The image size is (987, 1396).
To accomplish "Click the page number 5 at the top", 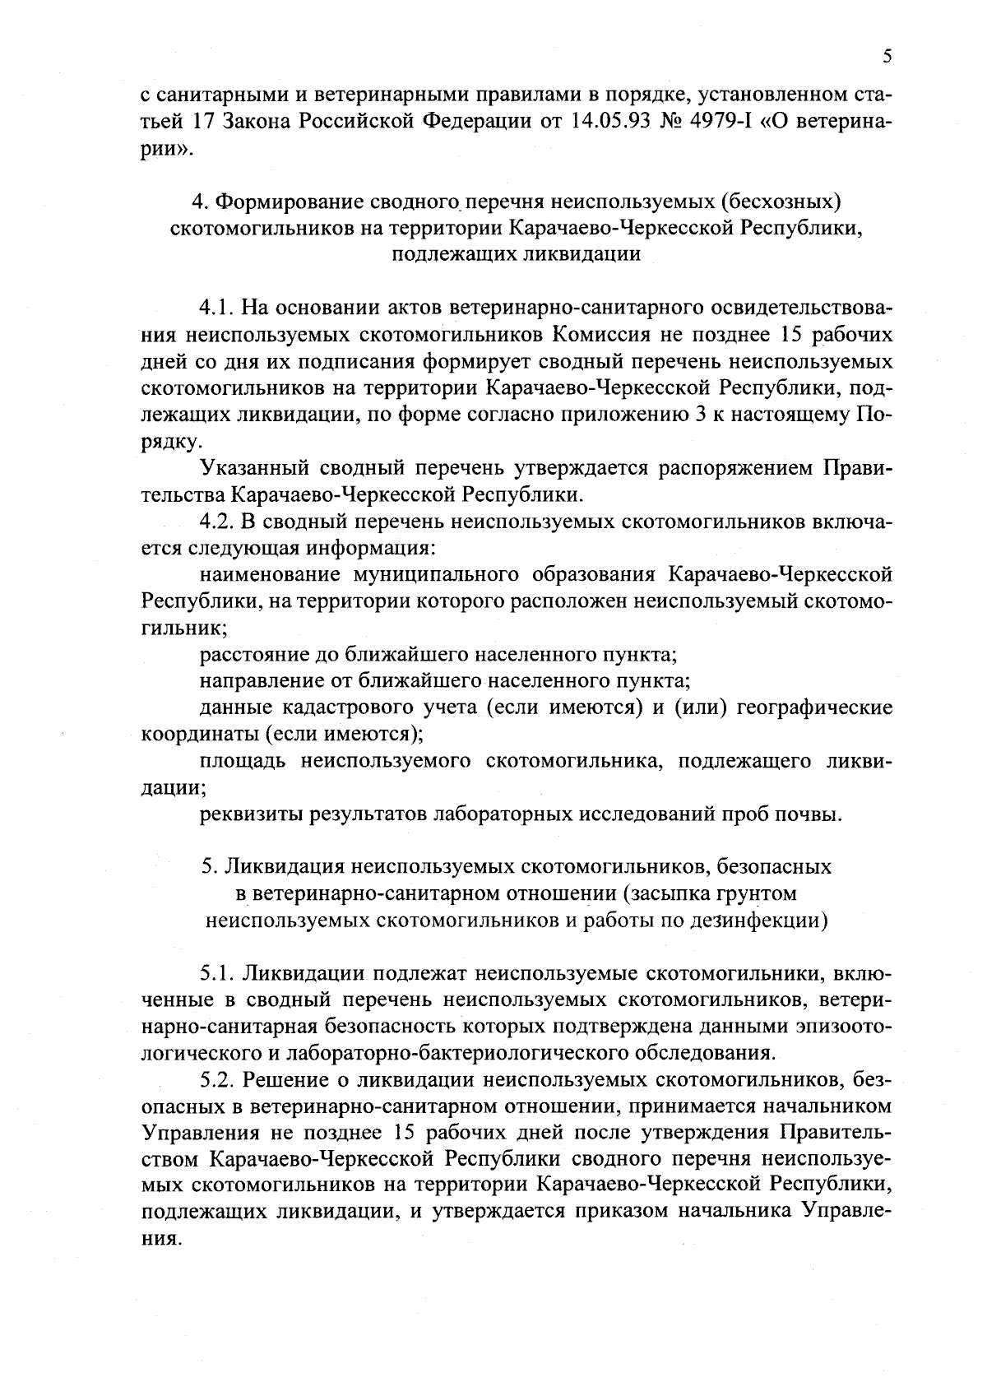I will click(x=887, y=57).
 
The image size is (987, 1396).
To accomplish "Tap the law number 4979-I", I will click(x=740, y=122).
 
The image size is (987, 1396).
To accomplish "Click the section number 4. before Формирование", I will click(x=198, y=202).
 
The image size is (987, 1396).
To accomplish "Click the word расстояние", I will click(x=254, y=655).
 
